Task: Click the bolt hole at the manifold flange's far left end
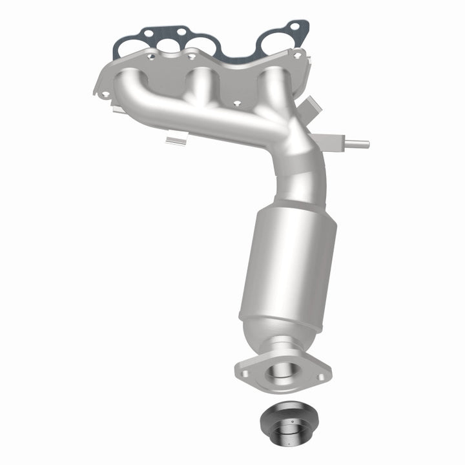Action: (x=105, y=94)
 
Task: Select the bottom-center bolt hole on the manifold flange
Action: (x=236, y=103)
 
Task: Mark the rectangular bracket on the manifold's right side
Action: (x=310, y=105)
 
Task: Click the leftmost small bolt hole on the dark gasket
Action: (x=148, y=32)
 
